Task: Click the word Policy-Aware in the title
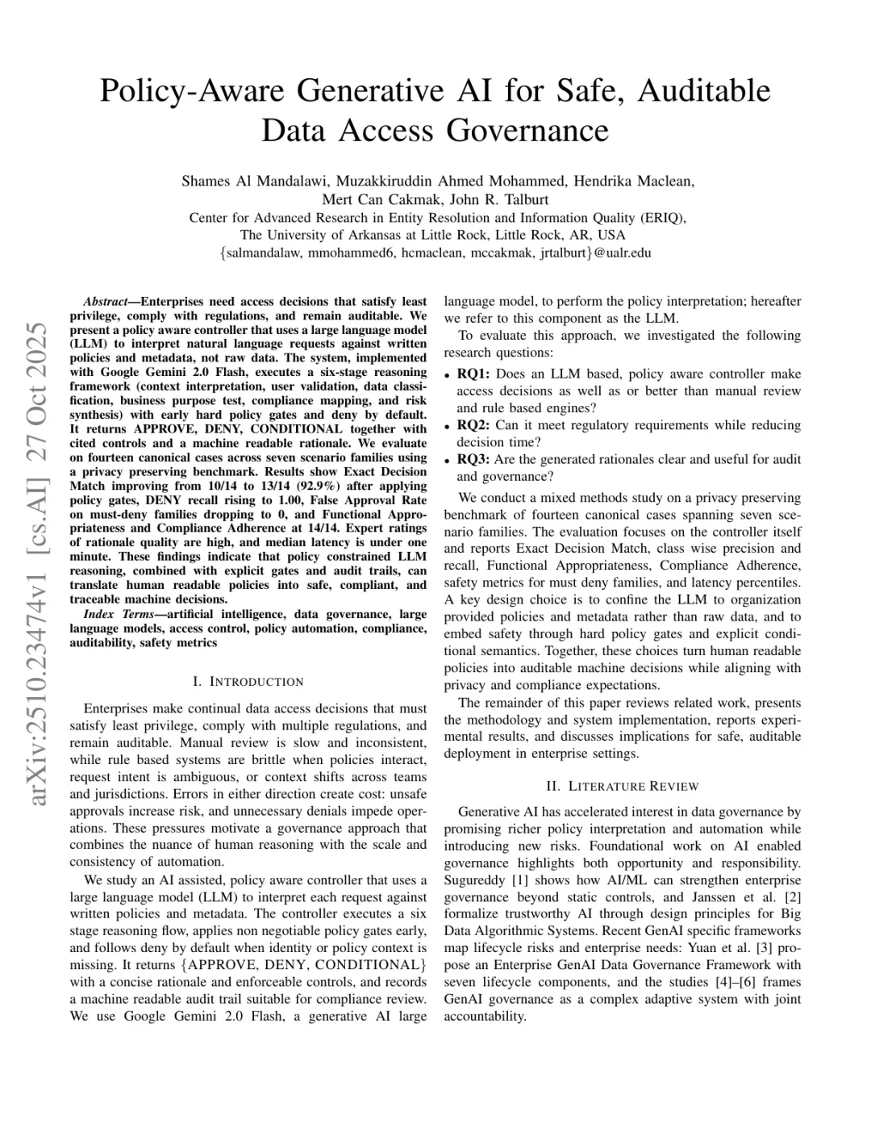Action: click(194, 90)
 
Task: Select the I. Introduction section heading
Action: click(248, 682)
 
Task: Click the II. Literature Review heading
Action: click(622, 786)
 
